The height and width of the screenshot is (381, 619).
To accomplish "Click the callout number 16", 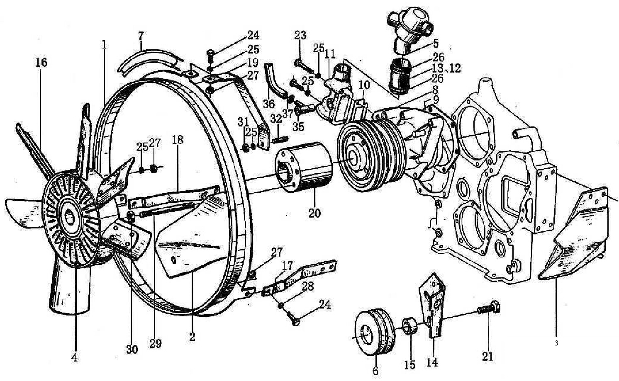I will coord(41,63).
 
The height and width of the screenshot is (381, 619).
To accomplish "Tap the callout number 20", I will coord(314,213).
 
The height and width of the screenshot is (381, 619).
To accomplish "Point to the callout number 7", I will coord(141,36).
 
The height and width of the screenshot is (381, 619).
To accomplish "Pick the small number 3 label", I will coord(556,343).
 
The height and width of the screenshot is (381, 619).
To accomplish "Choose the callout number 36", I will coord(269,102).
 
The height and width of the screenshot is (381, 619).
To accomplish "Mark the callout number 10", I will coord(364,86).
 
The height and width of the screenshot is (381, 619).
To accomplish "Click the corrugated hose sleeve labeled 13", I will coord(400,75).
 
